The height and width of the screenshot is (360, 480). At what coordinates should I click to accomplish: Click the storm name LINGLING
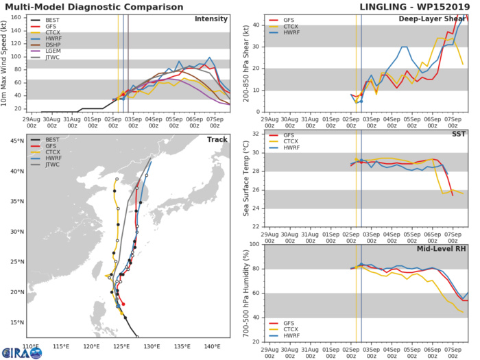coord(384,7)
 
